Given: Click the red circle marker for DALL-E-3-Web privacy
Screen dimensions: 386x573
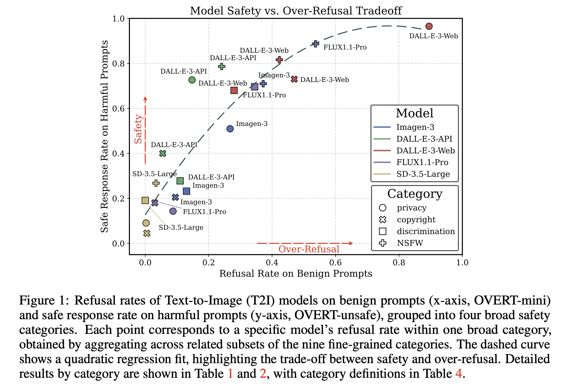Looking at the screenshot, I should [429, 26].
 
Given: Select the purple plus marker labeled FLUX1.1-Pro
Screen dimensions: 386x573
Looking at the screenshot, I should [316, 44].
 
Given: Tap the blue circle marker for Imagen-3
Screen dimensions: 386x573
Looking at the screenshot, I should [230, 129].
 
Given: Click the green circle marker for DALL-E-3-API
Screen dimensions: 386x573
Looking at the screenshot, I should [192, 80].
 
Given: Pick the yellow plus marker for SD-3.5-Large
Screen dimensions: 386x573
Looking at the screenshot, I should [156, 183].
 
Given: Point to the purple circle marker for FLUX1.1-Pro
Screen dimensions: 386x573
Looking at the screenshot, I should [173, 211].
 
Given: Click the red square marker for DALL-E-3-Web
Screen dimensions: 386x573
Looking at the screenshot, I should [234, 90].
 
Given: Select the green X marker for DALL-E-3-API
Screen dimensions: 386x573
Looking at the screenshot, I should [162, 153].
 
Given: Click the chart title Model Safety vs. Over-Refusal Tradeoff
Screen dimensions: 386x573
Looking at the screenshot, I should [296, 11].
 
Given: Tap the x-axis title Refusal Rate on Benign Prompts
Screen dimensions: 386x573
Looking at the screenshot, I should [295, 273].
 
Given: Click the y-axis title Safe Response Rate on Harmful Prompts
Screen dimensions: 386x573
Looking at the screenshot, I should [104, 136].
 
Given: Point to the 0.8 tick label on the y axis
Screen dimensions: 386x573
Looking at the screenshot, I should [118, 63].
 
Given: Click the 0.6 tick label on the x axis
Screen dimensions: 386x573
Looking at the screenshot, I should [335, 263].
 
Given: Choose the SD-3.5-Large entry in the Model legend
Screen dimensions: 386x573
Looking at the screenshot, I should [423, 174].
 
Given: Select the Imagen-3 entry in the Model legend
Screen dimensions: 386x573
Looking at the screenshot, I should [415, 127].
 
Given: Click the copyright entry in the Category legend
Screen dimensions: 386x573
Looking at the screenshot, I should [416, 219].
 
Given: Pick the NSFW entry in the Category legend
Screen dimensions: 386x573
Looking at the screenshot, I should [410, 243].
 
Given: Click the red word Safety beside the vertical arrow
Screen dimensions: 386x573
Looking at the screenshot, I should [138, 129].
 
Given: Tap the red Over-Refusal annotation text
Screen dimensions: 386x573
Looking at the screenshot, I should [309, 249].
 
